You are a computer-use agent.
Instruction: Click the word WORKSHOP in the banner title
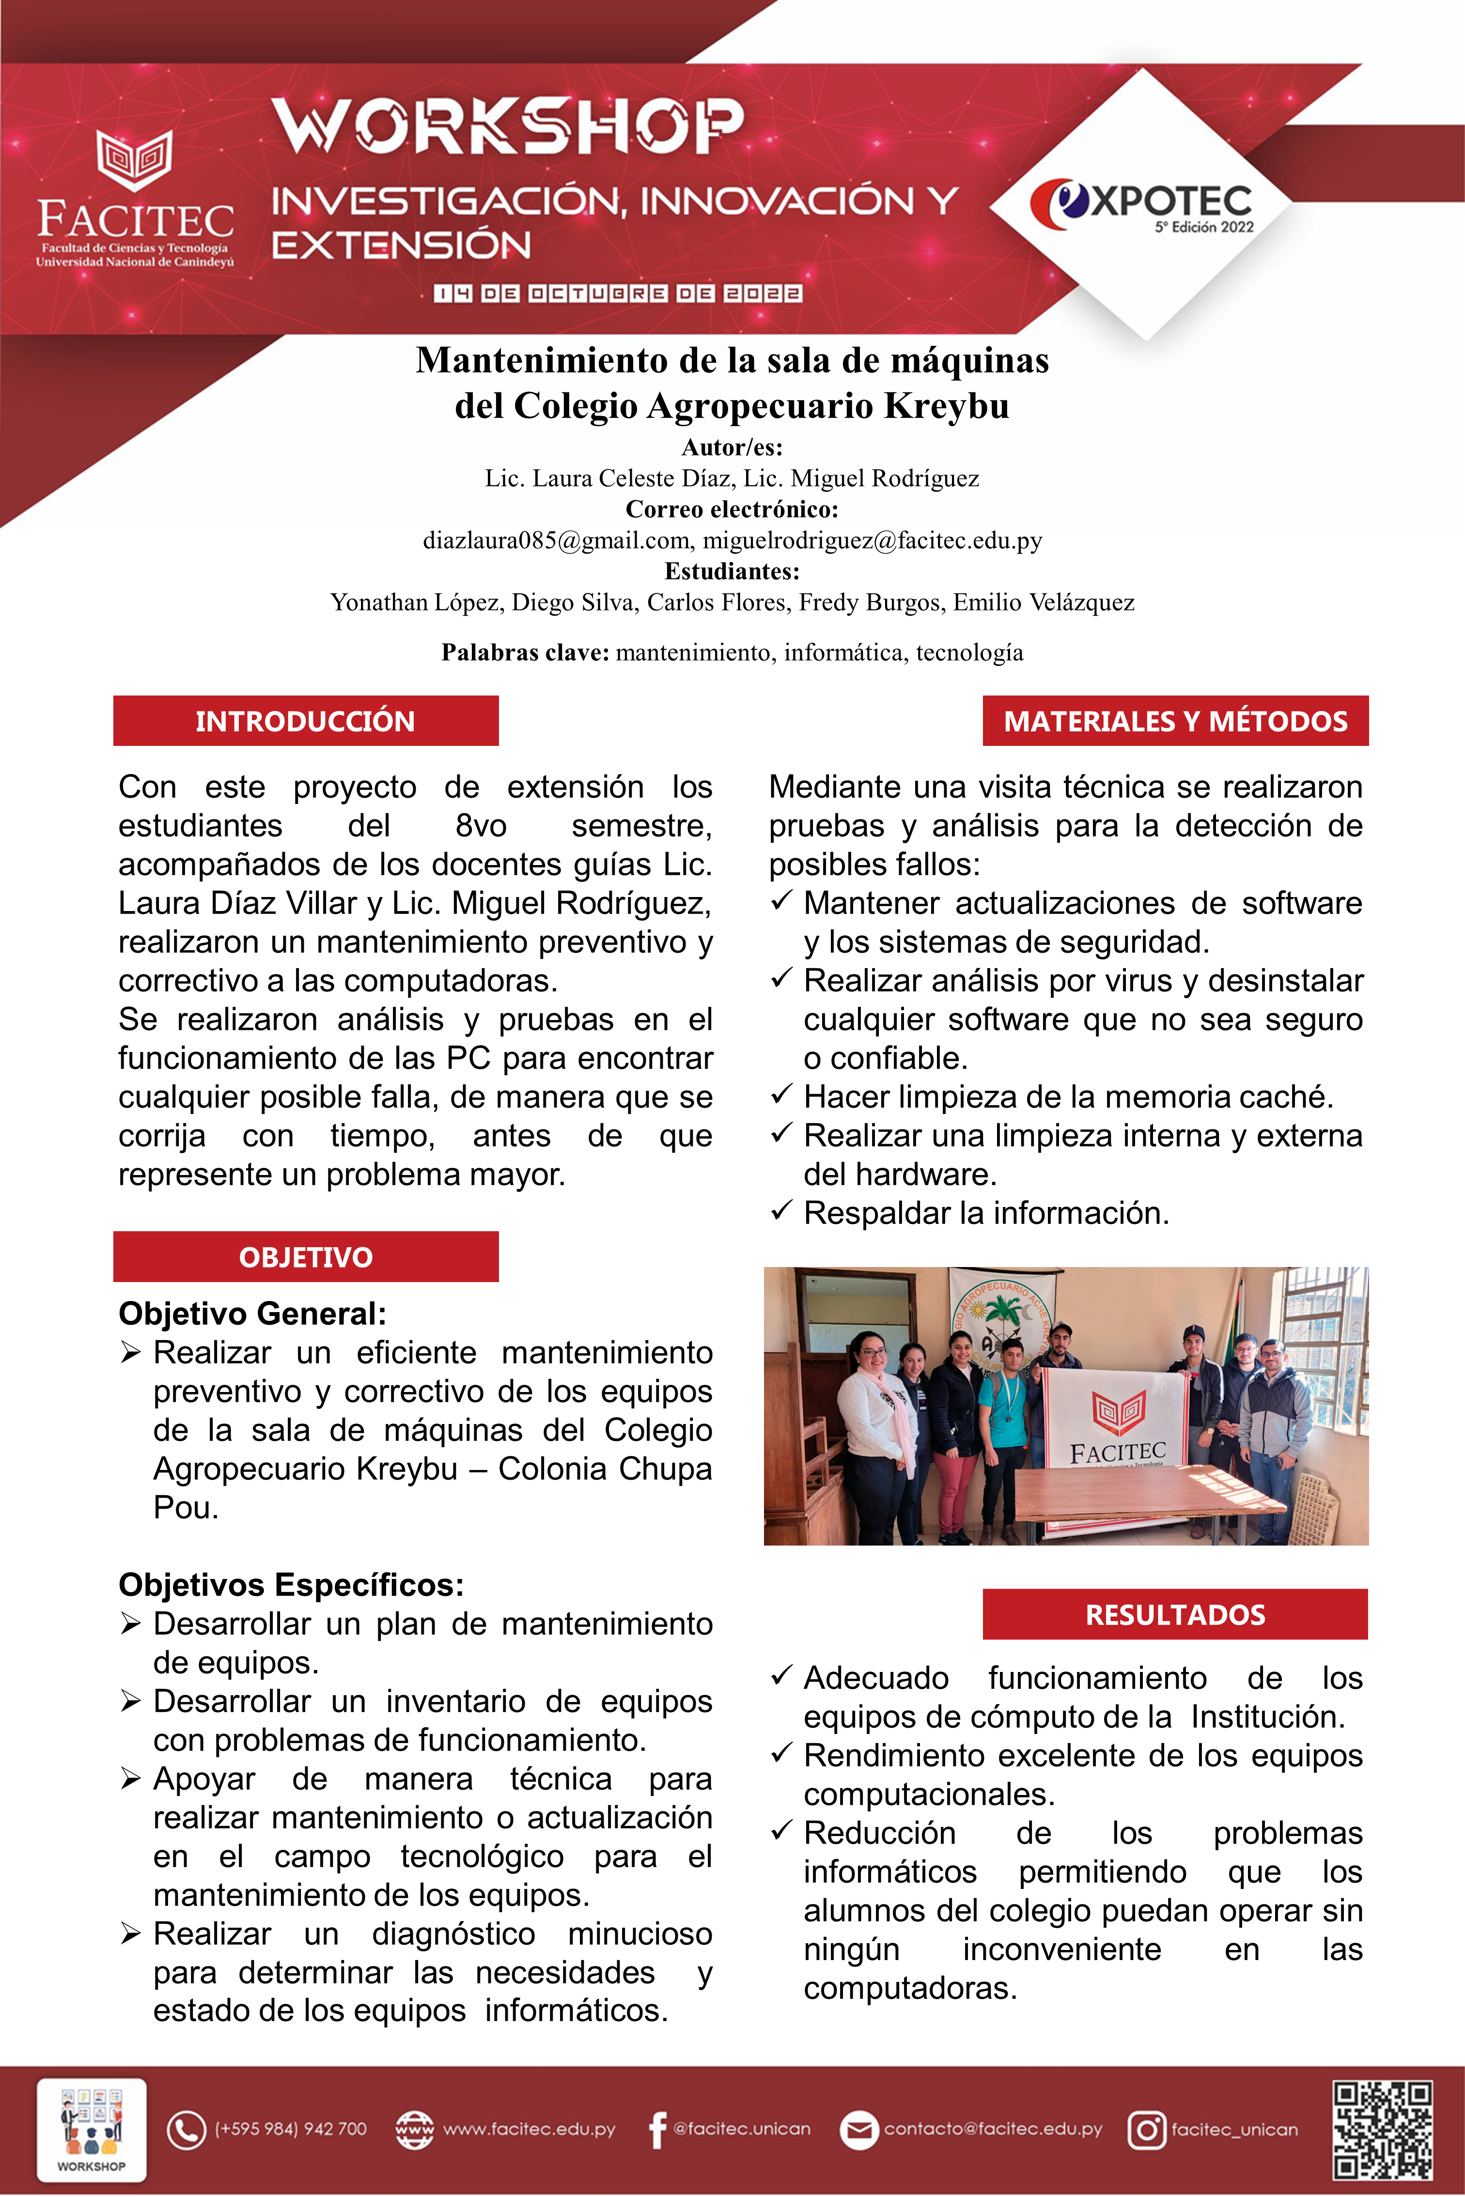[507, 126]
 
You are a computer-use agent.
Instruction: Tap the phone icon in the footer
[186, 2130]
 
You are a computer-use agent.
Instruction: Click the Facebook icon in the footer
[658, 2130]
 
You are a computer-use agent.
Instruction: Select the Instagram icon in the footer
[1146, 2130]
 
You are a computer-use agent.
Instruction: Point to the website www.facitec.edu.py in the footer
[529, 2130]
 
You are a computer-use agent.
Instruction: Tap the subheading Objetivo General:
[252, 1314]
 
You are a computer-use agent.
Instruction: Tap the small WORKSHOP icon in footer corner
[92, 2130]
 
